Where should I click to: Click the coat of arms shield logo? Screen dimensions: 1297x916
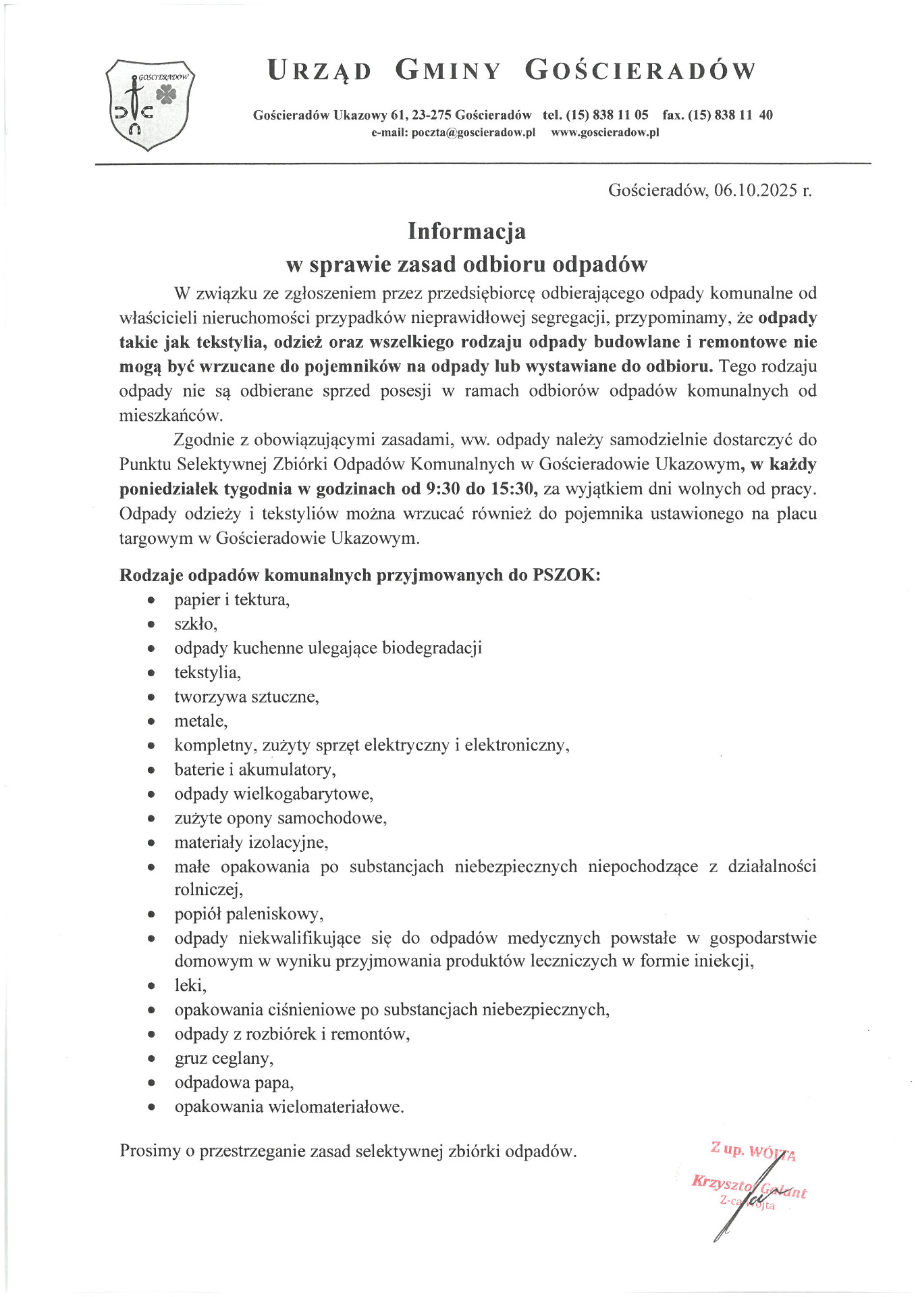coord(149,105)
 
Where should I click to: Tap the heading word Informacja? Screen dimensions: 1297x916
coord(466,231)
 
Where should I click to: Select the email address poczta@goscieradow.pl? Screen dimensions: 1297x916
coord(473,132)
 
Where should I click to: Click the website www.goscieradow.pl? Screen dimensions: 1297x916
coord(605,132)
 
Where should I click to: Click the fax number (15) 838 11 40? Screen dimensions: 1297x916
coord(730,115)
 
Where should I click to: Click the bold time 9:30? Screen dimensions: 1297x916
coord(443,489)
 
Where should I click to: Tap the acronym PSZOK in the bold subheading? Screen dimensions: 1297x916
coord(564,575)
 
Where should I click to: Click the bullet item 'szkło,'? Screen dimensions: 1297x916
coord(196,624)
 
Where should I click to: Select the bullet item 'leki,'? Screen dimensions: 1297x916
coord(190,986)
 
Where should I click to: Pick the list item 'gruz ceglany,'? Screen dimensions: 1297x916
coord(224,1059)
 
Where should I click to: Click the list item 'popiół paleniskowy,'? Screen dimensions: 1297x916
coord(248,914)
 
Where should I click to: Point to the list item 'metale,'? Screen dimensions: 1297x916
coord(200,721)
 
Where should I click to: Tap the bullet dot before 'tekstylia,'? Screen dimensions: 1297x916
coord(152,673)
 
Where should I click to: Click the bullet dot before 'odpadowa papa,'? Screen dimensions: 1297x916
coord(152,1084)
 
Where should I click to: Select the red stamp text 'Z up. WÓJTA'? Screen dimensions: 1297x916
coord(753,1150)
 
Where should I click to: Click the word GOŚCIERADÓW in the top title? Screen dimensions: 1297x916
coord(640,70)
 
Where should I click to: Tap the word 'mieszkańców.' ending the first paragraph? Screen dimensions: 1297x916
coord(171,415)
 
